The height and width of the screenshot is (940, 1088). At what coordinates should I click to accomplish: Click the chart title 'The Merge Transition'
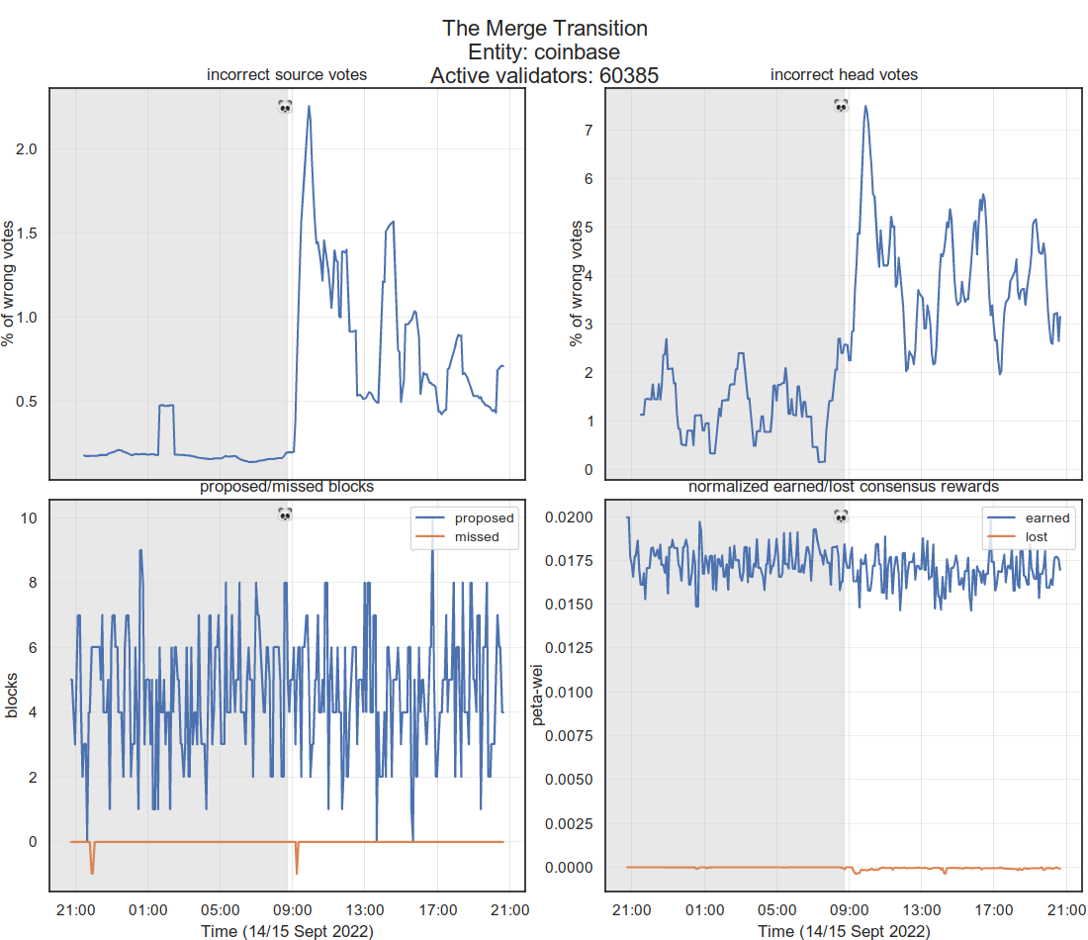pyautogui.click(x=544, y=28)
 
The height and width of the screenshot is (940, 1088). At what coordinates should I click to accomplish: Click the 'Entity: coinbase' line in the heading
pyautogui.click(x=544, y=51)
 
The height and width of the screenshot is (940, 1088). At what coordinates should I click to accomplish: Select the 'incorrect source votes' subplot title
pyautogui.click(x=286, y=75)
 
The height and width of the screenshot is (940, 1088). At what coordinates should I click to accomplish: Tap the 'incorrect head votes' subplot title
pyautogui.click(x=844, y=75)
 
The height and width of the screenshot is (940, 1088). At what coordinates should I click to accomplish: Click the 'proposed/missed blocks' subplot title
pyautogui.click(x=286, y=487)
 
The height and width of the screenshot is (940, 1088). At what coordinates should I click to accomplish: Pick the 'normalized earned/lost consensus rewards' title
pyautogui.click(x=844, y=487)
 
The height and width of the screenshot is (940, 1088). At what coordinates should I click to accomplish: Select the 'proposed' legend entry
pyautogui.click(x=484, y=517)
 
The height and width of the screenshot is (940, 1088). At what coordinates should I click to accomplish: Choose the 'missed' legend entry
pyautogui.click(x=477, y=537)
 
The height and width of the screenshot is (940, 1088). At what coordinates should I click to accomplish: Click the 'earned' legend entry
pyautogui.click(x=1046, y=517)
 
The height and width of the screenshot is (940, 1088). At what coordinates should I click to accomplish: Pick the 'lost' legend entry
pyautogui.click(x=1036, y=537)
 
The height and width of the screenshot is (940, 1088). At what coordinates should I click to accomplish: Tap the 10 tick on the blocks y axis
pyautogui.click(x=29, y=517)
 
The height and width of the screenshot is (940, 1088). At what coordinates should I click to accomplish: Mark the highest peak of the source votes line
pyautogui.click(x=309, y=106)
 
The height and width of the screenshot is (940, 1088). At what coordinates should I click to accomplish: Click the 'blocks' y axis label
pyautogui.click(x=11, y=695)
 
